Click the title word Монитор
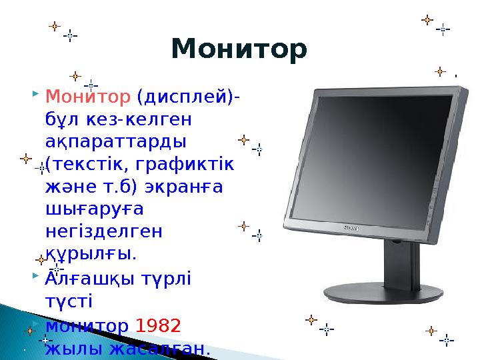[239, 49]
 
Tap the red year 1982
[157, 327]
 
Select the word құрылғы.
[90, 254]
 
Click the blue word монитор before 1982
[87, 327]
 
